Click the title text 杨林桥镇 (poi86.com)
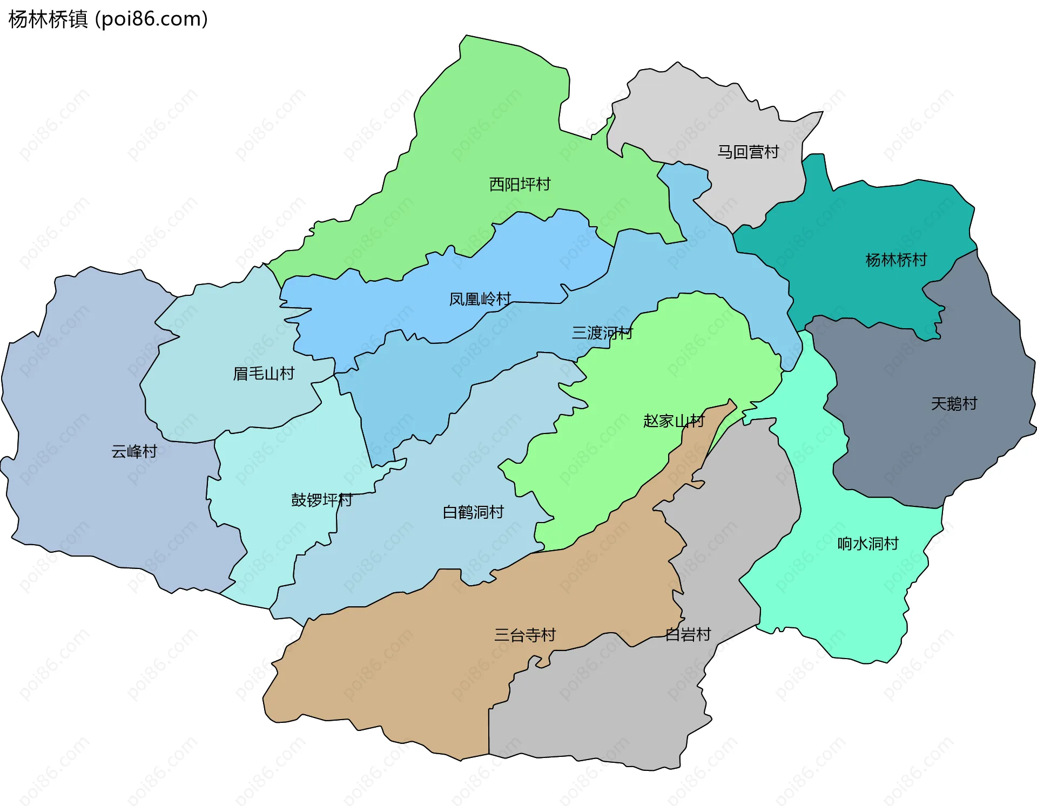(108, 19)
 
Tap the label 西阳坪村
(520, 185)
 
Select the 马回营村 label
(748, 152)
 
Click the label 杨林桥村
(896, 260)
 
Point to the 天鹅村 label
(954, 404)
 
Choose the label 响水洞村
(868, 544)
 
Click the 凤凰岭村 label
(480, 299)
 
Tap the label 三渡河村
(602, 333)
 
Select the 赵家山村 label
(674, 421)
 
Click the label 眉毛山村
(264, 374)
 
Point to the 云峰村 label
(134, 451)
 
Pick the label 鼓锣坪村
(321, 500)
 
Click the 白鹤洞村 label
(473, 512)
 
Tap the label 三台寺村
(525, 635)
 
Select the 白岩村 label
(688, 634)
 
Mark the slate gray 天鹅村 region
(918, 459)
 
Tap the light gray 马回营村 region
(702, 108)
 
